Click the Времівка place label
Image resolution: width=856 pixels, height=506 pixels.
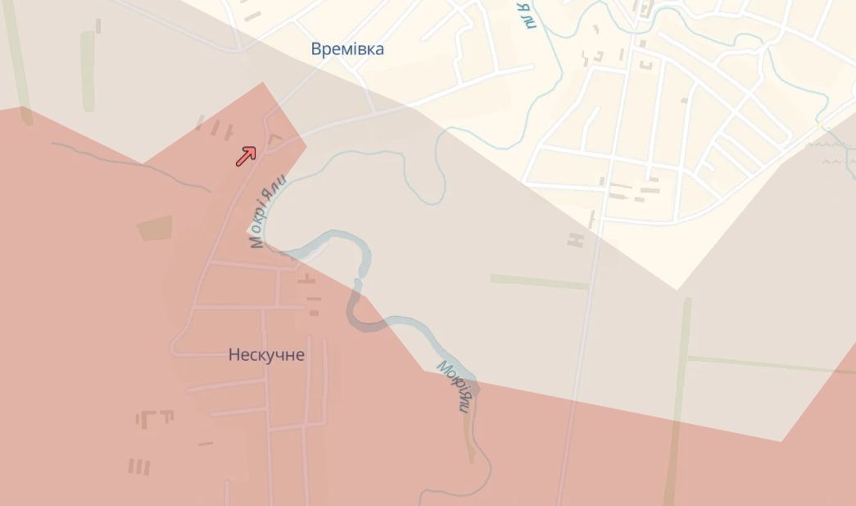(347, 49)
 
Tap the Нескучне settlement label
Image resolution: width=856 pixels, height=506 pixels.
(266, 355)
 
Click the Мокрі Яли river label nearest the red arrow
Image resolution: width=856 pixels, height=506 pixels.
(268, 212)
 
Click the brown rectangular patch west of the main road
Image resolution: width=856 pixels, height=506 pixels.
(155, 228)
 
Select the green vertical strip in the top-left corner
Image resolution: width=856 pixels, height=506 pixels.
(88, 70)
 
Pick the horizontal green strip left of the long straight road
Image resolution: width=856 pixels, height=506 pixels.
(539, 281)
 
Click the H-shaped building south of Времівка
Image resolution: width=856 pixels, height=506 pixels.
(577, 239)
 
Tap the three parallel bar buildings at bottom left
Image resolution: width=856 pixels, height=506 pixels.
(139, 467)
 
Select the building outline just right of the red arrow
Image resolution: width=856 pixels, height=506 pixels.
(274, 140)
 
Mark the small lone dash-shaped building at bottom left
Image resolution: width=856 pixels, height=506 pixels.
(205, 444)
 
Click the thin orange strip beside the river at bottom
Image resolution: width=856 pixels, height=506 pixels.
(469, 439)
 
